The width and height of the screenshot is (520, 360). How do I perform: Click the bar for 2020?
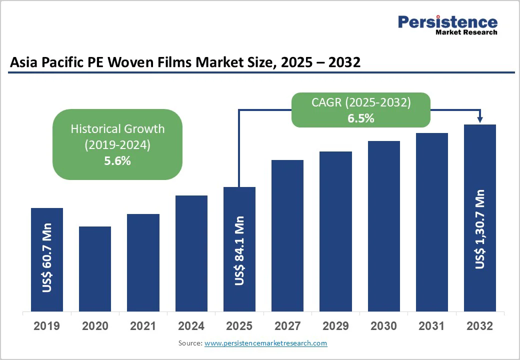click(95, 268)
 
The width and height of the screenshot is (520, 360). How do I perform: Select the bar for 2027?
click(287, 235)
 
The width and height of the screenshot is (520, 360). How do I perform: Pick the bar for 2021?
click(143, 262)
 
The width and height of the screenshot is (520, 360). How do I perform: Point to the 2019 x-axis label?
click(46, 326)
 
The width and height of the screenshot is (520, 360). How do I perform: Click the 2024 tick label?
click(191, 326)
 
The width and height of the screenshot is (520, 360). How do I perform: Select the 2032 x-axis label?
click(479, 326)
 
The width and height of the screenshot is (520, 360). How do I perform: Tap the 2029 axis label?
click(335, 326)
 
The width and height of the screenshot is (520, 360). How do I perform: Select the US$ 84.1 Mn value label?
click(239, 251)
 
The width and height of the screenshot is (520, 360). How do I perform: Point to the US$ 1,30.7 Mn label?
click(480, 229)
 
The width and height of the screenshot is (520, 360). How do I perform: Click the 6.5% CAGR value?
click(361, 118)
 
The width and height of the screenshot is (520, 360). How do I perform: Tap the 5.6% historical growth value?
click(117, 161)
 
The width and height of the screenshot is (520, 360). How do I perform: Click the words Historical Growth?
click(117, 128)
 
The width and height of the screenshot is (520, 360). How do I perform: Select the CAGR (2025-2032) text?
click(361, 103)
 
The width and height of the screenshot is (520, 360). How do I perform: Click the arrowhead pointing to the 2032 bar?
click(480, 119)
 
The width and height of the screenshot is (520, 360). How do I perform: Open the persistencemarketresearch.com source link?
click(265, 343)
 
